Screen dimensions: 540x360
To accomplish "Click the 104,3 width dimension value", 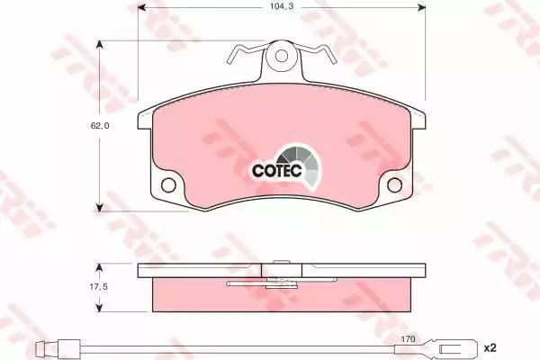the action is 282,6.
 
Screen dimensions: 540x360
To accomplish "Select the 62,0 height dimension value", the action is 100,126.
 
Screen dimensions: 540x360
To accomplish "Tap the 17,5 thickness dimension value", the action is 99,286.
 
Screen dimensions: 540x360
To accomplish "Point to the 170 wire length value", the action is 408,339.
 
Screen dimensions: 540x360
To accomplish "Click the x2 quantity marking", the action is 490,348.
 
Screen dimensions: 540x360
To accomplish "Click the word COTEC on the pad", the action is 277,170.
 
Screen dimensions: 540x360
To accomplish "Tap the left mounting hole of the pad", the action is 168,185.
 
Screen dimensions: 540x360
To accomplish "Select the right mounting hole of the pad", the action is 395,185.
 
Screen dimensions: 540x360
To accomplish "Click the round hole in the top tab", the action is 282,56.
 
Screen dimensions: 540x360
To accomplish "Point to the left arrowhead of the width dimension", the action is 141,7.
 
